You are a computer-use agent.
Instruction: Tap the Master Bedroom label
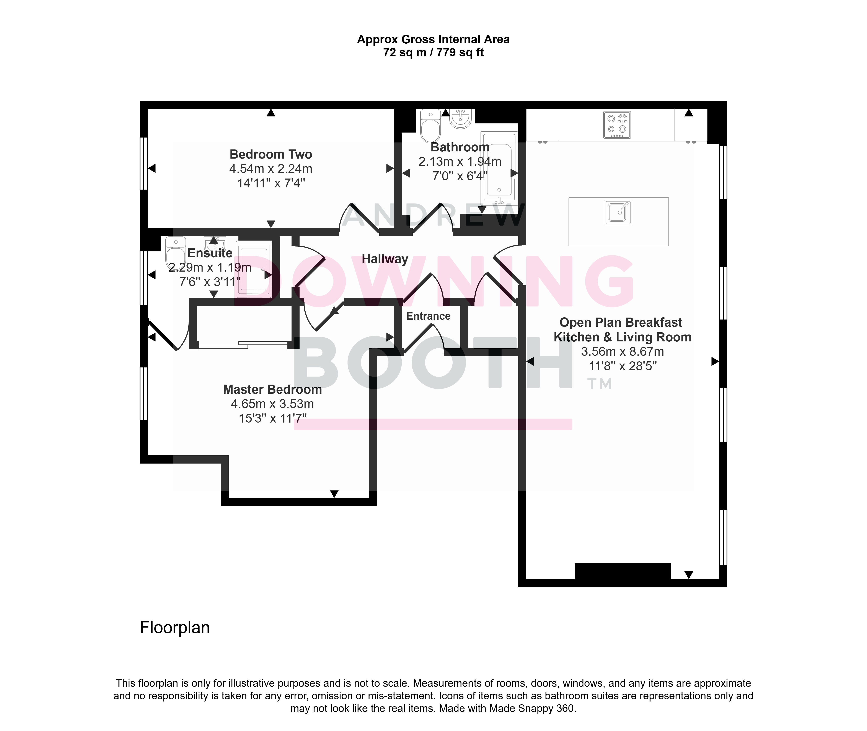pos(272,390)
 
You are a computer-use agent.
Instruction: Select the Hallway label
pos(385,259)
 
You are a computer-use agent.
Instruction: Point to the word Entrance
pos(428,316)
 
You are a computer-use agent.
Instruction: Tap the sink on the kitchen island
pos(618,212)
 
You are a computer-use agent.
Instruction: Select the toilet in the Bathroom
pos(430,126)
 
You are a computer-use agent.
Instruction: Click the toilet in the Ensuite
pos(176,253)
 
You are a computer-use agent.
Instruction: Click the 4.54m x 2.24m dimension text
pos(271,169)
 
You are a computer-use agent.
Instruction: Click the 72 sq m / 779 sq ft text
pos(433,53)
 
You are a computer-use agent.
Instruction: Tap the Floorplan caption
pos(175,628)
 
